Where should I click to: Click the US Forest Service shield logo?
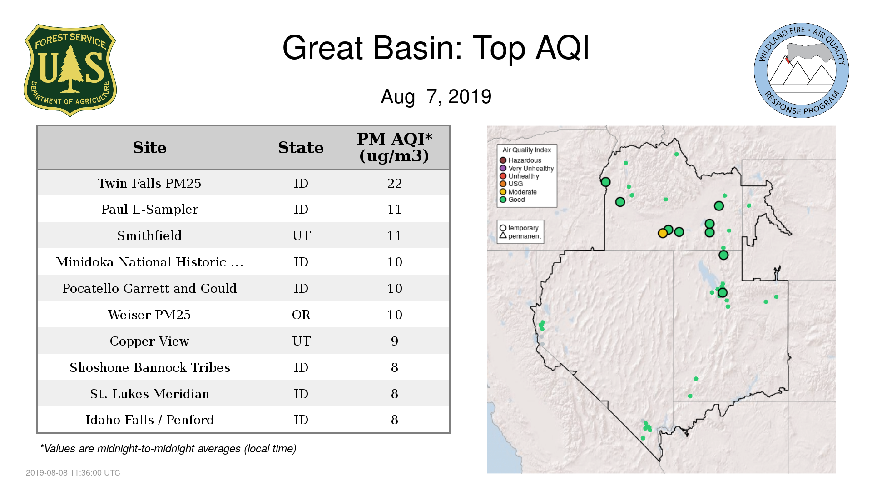70,70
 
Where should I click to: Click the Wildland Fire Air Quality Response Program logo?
802,70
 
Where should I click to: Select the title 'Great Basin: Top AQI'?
436,48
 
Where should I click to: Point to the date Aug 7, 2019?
436,96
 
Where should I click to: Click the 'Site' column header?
149,148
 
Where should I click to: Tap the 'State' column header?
301,148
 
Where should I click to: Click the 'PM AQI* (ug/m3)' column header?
394,147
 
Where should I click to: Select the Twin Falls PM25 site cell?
149,183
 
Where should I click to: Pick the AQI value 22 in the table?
394,183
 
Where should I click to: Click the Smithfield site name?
149,235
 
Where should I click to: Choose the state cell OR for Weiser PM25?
301,315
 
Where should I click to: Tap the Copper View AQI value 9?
394,341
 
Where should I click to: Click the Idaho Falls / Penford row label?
149,420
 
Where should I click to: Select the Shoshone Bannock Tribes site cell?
149,367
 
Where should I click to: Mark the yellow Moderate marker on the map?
663,233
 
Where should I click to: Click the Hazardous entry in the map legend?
520,160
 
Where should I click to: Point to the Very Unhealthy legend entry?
527,168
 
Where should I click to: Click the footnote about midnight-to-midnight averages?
168,449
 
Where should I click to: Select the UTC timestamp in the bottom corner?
73,473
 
